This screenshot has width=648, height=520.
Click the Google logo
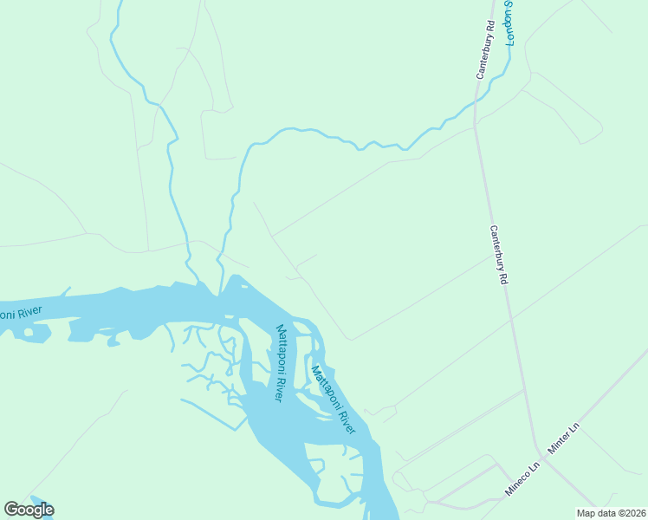(29, 510)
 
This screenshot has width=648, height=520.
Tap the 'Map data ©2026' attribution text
(612, 513)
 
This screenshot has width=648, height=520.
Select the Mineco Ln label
(523, 478)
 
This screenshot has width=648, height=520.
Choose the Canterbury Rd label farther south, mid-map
(498, 256)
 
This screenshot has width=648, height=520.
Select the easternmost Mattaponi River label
(334, 400)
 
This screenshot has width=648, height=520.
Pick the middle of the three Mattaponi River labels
(281, 362)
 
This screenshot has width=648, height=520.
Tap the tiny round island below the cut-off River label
(29, 332)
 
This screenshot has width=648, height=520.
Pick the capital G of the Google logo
(11, 509)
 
